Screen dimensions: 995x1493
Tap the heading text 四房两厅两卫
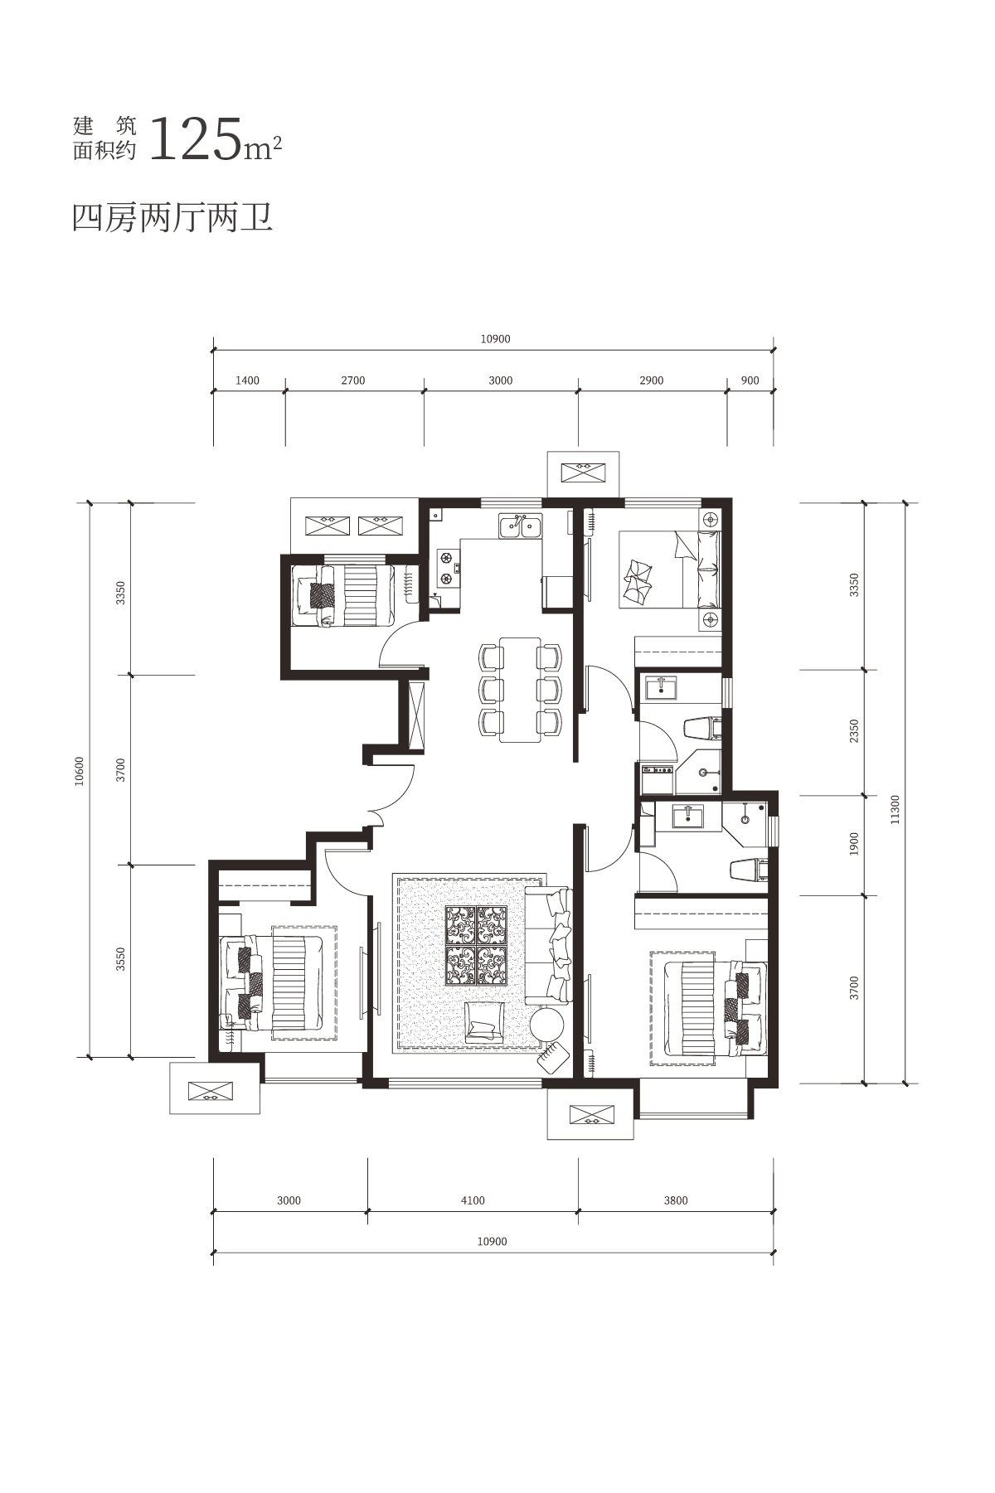(x=172, y=217)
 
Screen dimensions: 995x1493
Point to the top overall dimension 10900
(x=495, y=338)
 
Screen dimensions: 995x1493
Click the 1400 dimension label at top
(x=247, y=381)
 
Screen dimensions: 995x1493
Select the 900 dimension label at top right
(x=750, y=381)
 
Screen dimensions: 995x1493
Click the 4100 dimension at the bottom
(x=473, y=1200)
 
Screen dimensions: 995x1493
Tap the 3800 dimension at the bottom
(x=676, y=1200)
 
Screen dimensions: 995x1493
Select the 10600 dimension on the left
(x=80, y=771)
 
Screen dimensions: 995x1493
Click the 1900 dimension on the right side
(x=855, y=844)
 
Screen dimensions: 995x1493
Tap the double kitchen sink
(x=520, y=526)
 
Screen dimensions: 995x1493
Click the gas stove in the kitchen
(x=449, y=568)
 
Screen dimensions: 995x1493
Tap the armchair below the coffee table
(x=484, y=1022)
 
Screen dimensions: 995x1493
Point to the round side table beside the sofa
(x=547, y=1024)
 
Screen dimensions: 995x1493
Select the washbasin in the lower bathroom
(x=687, y=816)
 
